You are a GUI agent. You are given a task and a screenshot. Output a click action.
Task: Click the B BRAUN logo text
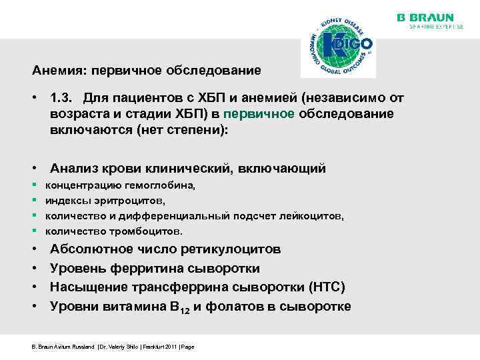click(425, 17)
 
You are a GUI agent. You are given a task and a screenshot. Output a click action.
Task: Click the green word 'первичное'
click(261, 114)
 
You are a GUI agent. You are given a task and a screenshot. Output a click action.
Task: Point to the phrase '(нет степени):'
click(182, 130)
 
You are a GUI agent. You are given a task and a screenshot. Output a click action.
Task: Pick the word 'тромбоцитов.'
click(144, 231)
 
